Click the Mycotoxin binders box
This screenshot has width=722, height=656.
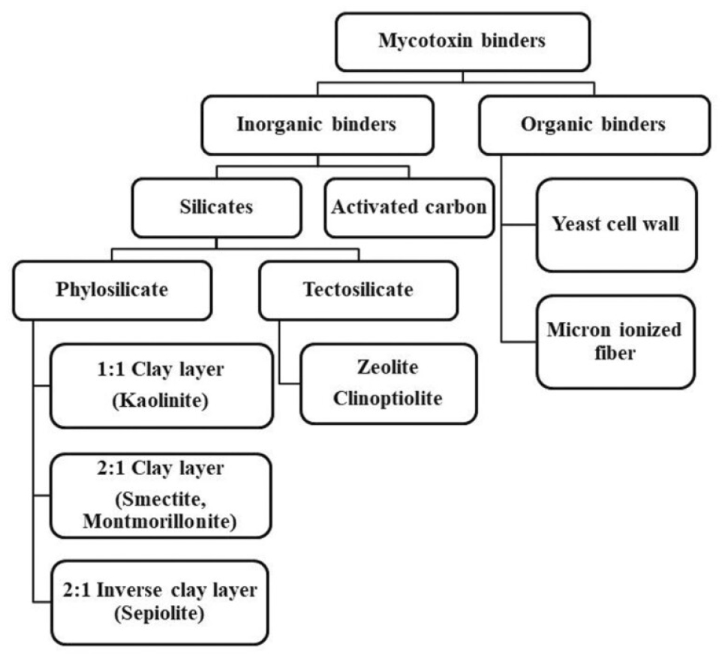pos(462,41)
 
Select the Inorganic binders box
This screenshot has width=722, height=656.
pos(317,125)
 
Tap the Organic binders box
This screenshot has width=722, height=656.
pos(593,125)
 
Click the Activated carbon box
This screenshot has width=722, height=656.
pos(409,206)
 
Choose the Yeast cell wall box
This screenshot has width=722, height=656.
pos(615,224)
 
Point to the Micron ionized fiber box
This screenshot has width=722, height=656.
pos(615,341)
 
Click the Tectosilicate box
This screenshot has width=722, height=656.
pos(357,290)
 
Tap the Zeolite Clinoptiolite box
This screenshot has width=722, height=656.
pos(388,383)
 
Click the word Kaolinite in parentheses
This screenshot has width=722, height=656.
pos(161,401)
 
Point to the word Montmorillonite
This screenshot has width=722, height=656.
pos(161,521)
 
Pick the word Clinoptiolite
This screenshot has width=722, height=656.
pos(388,398)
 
